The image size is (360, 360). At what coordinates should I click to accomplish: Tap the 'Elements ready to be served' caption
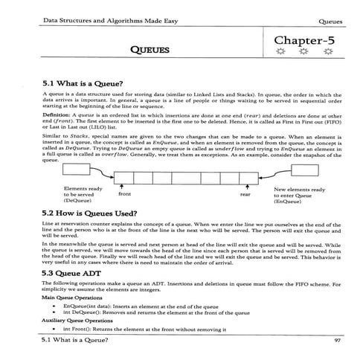pos(84,195)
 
